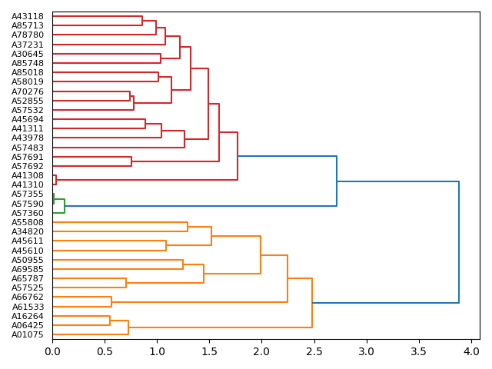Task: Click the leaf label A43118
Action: [x=28, y=16]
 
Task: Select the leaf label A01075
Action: [x=28, y=334]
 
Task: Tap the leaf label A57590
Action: [x=28, y=204]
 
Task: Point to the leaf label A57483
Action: [x=28, y=148]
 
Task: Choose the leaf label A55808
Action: [x=28, y=222]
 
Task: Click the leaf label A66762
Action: [x=28, y=297]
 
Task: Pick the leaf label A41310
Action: [x=28, y=184]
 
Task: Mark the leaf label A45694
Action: [x=28, y=119]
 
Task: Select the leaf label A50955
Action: [x=28, y=260]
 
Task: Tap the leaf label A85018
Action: [x=28, y=72]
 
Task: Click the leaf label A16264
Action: [x=28, y=316]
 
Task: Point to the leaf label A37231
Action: [x=28, y=45]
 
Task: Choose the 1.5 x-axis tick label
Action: [x=209, y=351]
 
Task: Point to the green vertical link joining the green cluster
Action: [x=65, y=206]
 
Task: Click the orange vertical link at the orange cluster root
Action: [x=312, y=303]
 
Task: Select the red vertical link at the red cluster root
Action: [x=238, y=156]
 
